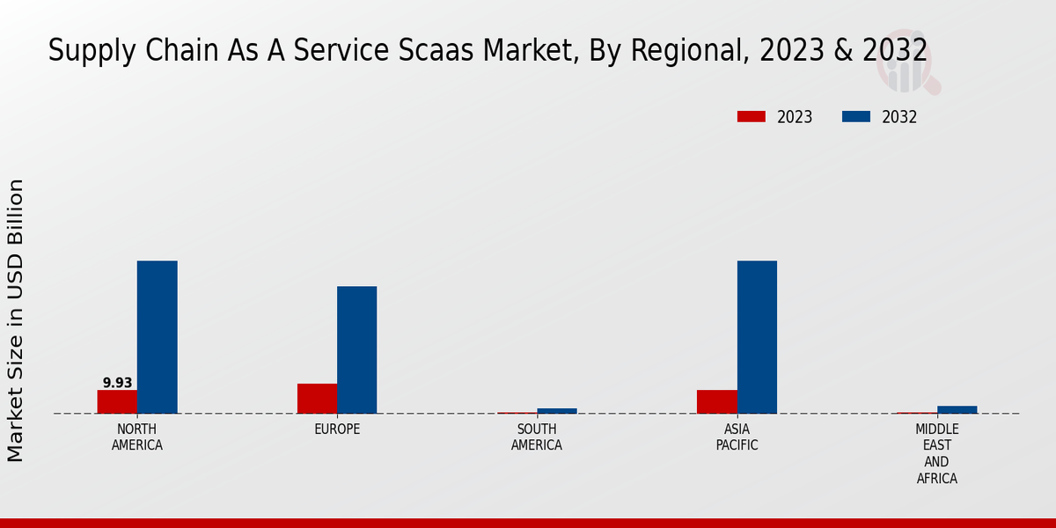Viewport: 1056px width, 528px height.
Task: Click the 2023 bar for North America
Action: coord(117,401)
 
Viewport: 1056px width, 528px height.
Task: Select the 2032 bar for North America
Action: coord(157,337)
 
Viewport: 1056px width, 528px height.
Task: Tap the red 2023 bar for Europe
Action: coord(317,399)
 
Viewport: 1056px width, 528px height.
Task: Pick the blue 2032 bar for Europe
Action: coord(356,349)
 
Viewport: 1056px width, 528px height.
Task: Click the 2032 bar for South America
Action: coord(557,410)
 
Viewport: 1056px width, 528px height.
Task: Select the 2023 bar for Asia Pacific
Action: coord(716,401)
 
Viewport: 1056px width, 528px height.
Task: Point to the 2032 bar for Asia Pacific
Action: coord(757,337)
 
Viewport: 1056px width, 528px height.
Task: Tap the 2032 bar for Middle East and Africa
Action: coord(957,409)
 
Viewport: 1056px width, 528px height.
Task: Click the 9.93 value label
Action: coord(117,383)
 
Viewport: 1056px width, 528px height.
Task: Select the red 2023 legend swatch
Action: coord(752,117)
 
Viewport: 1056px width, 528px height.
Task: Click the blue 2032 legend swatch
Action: coord(856,117)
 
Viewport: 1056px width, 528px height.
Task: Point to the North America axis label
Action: coord(137,437)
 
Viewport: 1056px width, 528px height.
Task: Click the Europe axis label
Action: coord(337,429)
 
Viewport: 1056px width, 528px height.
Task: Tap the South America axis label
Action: coord(537,437)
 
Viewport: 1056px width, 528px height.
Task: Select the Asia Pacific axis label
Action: coord(737,437)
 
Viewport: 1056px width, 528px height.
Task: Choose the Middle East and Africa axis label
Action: coord(936,454)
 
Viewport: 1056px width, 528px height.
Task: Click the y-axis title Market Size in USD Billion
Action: coord(16,320)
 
